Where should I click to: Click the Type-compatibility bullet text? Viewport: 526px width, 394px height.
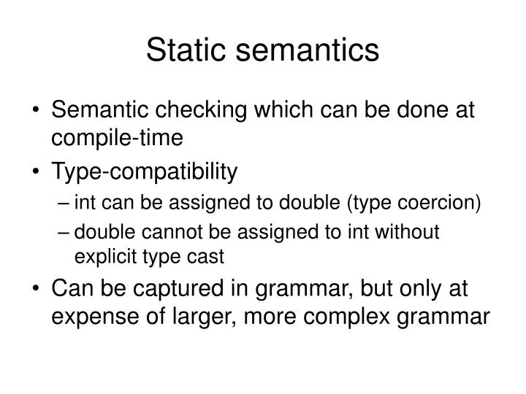tap(144, 172)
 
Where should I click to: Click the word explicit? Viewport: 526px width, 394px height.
tap(103, 257)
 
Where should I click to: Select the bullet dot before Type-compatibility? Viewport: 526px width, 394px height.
tap(37, 173)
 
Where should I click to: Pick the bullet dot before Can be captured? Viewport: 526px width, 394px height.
tap(37, 290)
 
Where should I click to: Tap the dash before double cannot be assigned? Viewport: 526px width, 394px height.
tap(65, 233)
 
